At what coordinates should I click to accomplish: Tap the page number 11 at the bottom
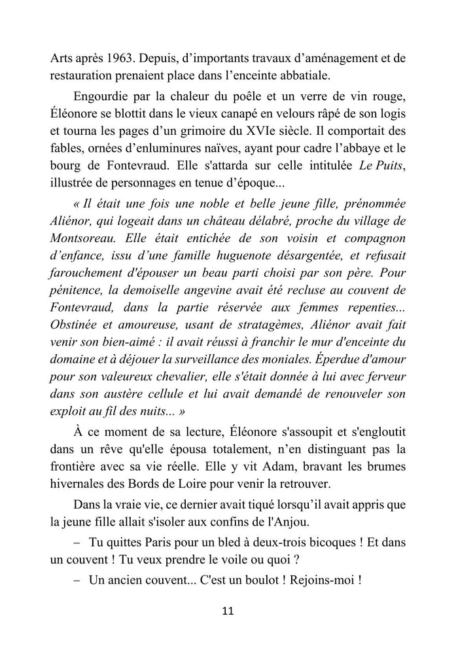228,611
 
